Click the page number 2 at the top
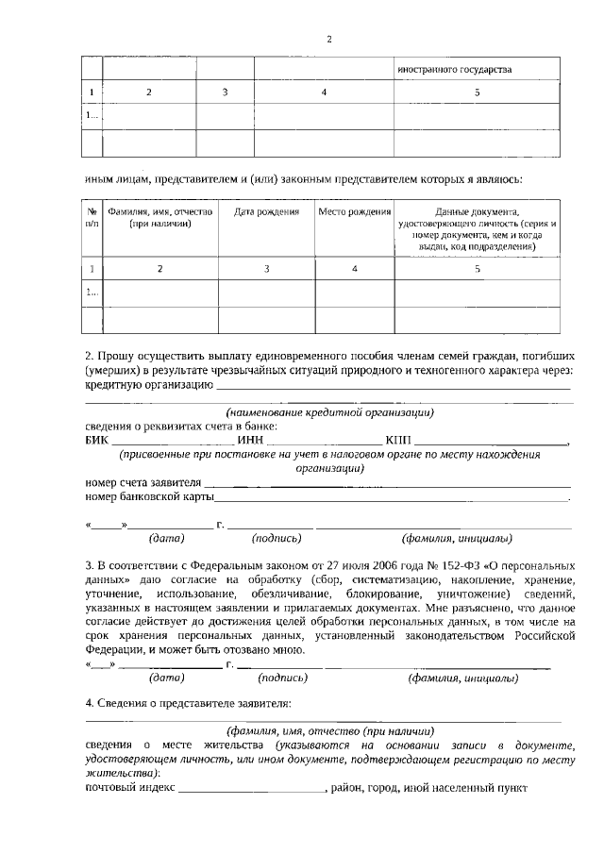pyautogui.click(x=328, y=39)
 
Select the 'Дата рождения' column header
pyautogui.click(x=267, y=212)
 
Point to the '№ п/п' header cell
pyautogui.click(x=92, y=219)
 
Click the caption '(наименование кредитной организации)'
pyautogui.click(x=329, y=412)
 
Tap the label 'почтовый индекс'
pyautogui.click(x=130, y=787)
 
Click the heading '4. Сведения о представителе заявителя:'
pyautogui.click(x=188, y=703)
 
